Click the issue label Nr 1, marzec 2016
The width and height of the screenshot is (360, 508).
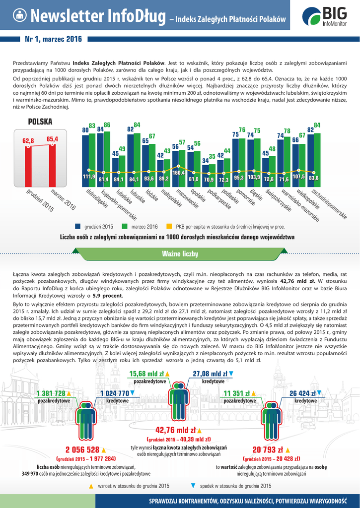[53, 39]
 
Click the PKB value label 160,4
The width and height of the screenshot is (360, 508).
[179, 172]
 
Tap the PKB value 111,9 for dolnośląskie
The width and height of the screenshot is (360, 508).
[89, 177]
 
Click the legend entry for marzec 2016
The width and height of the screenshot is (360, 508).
[145, 226]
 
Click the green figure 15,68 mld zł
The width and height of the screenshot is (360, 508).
[147, 374]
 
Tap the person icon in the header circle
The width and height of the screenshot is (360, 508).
[19, 15]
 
